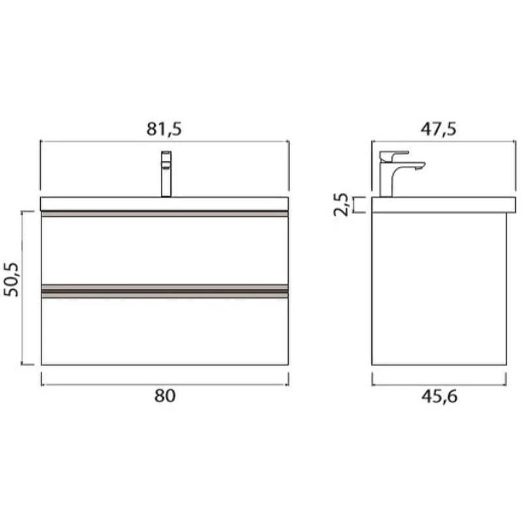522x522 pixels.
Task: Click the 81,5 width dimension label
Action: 164,129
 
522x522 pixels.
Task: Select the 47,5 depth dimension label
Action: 438,129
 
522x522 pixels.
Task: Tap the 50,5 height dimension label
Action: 12,280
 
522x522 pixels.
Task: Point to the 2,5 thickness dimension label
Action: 341,204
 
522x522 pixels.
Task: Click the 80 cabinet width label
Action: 165,396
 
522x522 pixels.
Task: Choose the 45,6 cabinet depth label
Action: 439,397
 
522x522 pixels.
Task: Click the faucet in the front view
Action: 166,174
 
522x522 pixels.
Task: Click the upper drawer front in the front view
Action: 164,251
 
